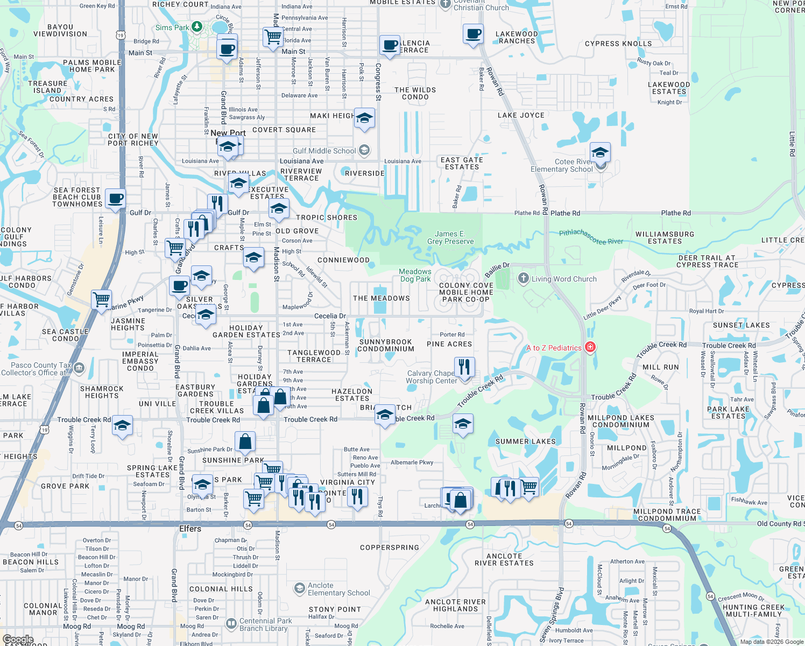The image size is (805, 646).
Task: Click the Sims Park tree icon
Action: point(197,27)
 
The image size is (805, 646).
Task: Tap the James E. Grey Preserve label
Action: point(450,237)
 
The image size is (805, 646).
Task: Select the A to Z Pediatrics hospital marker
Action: point(590,347)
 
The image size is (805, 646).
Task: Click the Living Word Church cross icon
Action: point(523,278)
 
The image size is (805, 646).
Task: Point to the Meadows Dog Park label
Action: point(415,275)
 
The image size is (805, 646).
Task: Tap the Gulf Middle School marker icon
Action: point(364,150)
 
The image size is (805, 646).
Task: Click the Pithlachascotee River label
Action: point(591,237)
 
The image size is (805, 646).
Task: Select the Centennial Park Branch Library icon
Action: point(231,624)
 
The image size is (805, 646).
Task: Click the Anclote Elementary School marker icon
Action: point(300,588)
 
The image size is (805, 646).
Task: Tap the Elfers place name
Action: point(190,529)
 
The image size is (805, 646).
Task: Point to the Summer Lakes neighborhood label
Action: point(525,441)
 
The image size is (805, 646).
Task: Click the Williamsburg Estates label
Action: point(665,237)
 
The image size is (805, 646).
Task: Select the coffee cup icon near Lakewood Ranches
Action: point(474,34)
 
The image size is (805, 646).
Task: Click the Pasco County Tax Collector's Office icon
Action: point(79,368)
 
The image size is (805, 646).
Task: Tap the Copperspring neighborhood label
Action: point(389,547)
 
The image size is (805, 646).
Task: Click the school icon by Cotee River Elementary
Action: point(599,152)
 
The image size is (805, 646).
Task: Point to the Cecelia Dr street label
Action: point(330,316)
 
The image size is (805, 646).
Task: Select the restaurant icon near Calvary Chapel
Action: point(464,367)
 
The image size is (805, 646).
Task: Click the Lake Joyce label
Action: point(521,115)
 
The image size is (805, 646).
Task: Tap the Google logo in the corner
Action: point(18,640)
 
